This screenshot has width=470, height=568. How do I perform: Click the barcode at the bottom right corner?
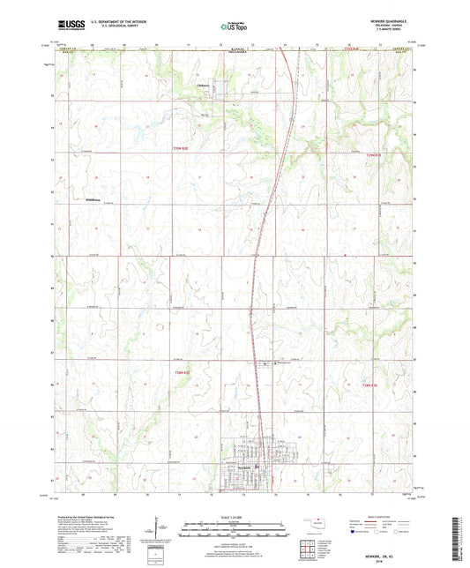(456, 538)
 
